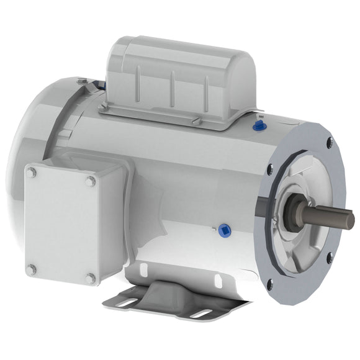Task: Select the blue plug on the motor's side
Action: point(225,229)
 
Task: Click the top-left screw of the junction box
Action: point(31,173)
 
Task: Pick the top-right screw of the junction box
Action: point(91,181)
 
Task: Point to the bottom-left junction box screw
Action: point(31,269)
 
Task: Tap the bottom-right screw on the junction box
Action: point(91,279)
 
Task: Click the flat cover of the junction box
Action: point(61,225)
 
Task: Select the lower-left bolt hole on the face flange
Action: point(269,285)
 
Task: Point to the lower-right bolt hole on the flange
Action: point(330,254)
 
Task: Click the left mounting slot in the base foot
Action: point(127,302)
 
